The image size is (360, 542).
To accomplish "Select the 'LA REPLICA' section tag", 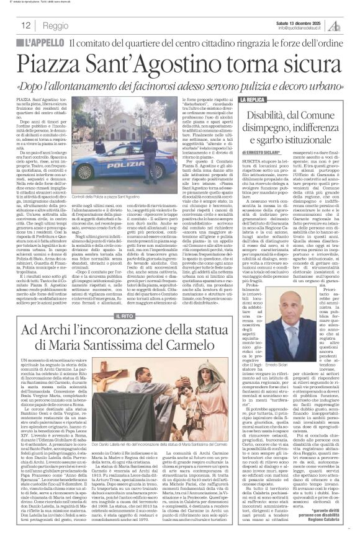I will (x=251, y=99).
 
